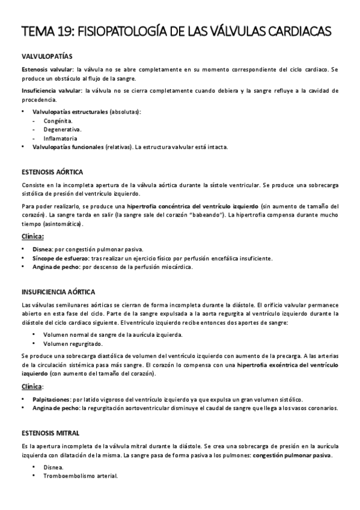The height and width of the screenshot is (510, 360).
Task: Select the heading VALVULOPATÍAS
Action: point(47,56)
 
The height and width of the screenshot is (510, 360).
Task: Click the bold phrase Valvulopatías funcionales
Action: point(67,146)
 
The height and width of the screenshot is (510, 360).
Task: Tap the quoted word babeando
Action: point(222,214)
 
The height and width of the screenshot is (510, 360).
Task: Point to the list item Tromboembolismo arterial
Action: point(81,476)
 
